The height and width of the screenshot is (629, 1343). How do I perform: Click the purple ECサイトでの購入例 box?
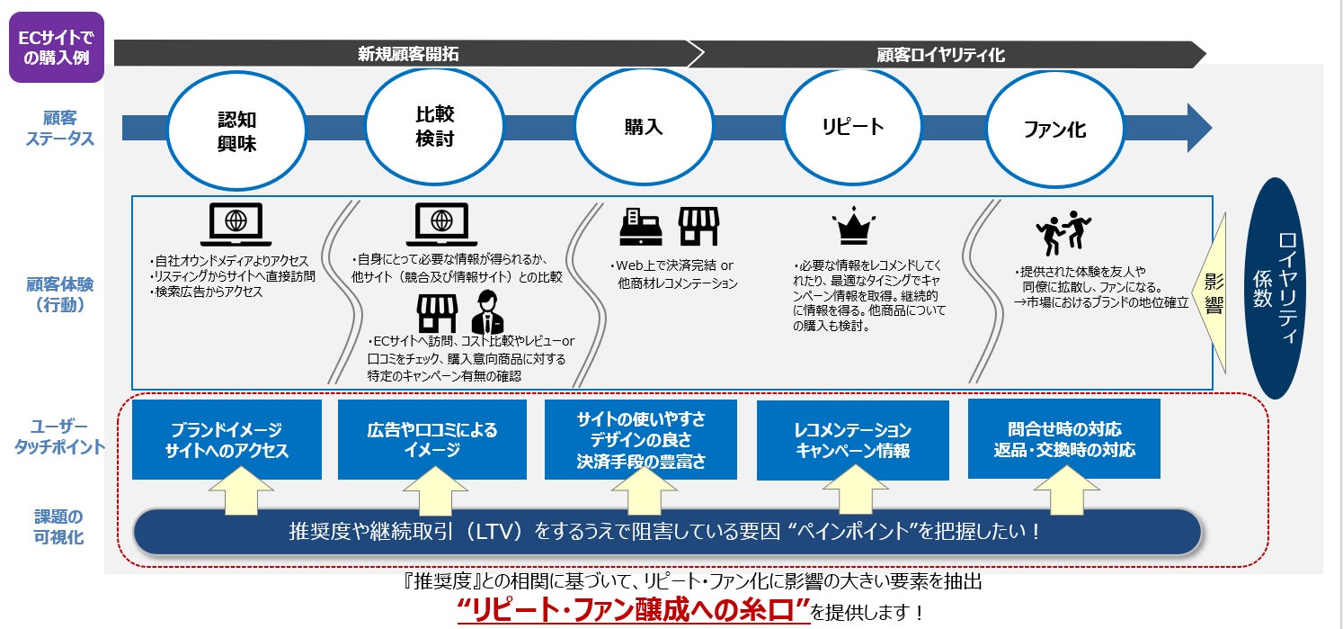[x=57, y=47]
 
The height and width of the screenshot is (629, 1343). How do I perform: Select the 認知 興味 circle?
[x=236, y=131]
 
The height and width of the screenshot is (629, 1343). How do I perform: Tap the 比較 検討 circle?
[x=434, y=127]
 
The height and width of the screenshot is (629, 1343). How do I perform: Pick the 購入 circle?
[x=643, y=127]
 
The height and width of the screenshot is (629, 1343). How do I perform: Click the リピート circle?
[x=852, y=127]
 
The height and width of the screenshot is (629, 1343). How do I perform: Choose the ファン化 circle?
[x=1054, y=130]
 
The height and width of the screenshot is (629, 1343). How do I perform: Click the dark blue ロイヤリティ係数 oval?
[x=1276, y=288]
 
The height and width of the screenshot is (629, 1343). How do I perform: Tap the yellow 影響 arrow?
[x=1213, y=292]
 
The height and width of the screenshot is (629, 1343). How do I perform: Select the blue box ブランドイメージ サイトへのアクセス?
[x=227, y=440]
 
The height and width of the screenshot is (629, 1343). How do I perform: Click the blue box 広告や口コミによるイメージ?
[x=432, y=440]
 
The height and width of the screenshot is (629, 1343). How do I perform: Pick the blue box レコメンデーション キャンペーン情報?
[x=852, y=440]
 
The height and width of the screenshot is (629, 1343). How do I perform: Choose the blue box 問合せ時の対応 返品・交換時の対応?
[x=1063, y=439]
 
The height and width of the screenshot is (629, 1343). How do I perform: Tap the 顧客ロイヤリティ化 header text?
[x=940, y=55]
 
